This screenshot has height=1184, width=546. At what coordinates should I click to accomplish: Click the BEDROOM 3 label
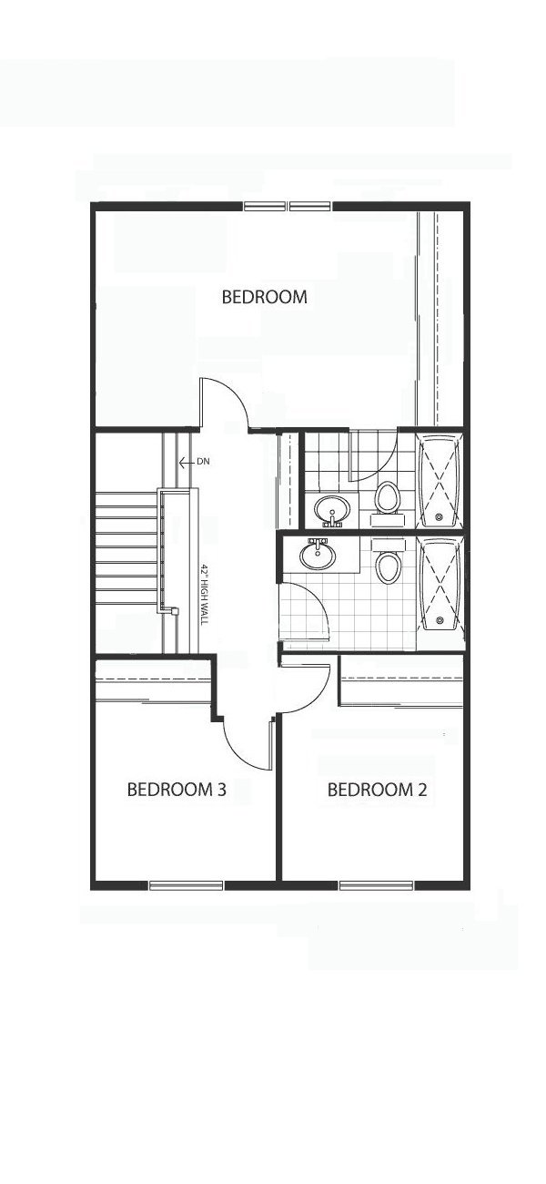coord(177,790)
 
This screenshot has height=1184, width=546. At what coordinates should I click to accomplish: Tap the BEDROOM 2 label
coord(377,790)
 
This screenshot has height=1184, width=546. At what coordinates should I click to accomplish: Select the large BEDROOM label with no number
coord(265,297)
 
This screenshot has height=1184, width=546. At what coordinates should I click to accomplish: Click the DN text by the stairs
coord(203,462)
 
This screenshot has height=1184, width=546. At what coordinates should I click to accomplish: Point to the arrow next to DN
coord(187,463)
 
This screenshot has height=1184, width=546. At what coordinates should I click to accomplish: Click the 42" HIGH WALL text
coord(205,594)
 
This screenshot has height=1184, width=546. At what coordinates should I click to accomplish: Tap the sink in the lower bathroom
coord(318,554)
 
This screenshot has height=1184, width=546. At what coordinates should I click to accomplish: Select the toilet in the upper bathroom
coord(388,499)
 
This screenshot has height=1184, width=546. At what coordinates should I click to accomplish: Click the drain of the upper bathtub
coord(439,517)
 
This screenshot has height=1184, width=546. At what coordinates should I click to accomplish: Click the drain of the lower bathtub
coord(439,620)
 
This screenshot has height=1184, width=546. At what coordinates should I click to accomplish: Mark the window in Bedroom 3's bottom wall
coord(186,885)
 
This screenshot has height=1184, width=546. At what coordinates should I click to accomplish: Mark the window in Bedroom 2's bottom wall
coord(377,885)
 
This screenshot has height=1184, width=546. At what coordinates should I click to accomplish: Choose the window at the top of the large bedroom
coord(288,206)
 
